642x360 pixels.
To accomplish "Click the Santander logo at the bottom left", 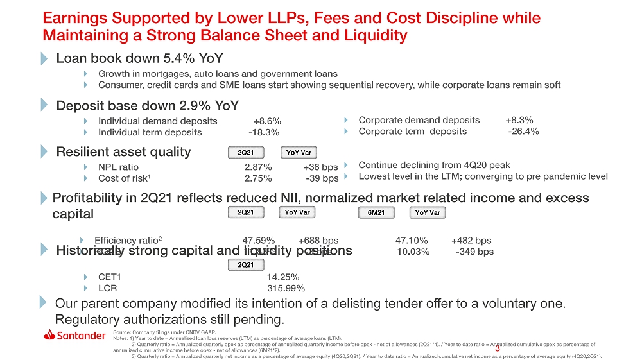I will coord(74,336).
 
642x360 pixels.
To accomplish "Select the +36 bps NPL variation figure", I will coord(320,167).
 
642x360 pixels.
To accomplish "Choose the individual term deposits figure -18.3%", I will coord(264,132).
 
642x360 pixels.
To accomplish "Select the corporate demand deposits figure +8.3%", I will coord(519,120).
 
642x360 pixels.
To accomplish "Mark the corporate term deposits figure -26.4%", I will coord(523,132).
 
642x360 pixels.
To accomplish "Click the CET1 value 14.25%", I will coord(282,277).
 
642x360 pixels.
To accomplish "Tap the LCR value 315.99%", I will coord(281,288).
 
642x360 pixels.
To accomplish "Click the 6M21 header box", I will coord(376,212).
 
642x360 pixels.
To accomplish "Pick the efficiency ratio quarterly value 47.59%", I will coord(258,241).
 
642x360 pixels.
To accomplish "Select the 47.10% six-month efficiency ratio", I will coord(412,241).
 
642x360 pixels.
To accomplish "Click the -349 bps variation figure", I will coord(474,252).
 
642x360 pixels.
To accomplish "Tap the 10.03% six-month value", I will coord(413,252).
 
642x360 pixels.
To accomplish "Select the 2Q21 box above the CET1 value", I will coord(246,265).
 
